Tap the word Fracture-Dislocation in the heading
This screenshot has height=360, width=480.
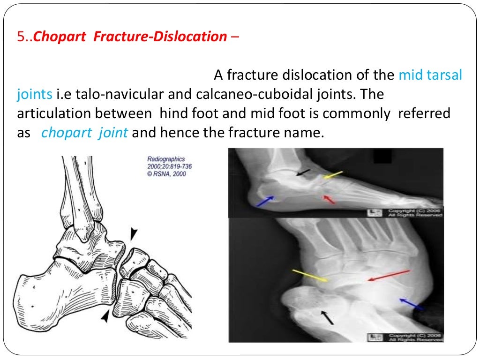(x=160, y=37)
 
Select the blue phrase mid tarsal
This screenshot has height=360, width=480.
(x=430, y=75)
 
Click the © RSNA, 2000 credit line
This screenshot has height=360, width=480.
(x=167, y=174)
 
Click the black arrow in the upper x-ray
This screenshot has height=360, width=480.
(x=303, y=173)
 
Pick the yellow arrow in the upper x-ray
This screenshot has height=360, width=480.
(x=333, y=175)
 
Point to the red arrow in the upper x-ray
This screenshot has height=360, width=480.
(x=330, y=200)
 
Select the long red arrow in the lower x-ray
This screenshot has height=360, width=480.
(x=389, y=276)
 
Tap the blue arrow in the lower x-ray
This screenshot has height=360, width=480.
(x=412, y=304)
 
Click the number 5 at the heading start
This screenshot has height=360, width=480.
(x=20, y=37)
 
